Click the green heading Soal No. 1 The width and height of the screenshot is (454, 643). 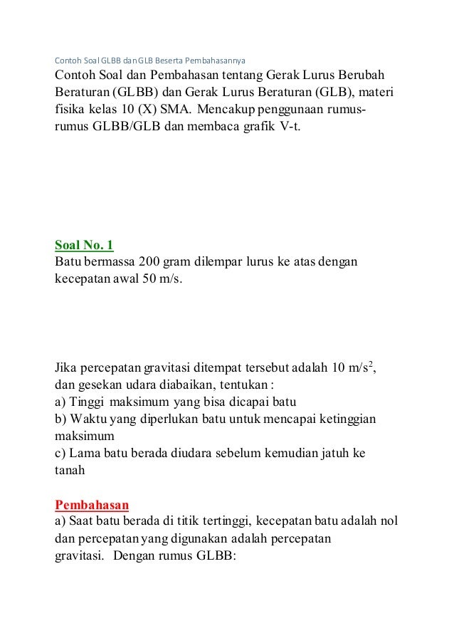[x=84, y=246]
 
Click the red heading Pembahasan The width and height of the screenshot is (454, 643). [x=92, y=506]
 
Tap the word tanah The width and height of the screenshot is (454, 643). [x=70, y=471]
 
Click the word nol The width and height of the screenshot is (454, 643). [x=389, y=523]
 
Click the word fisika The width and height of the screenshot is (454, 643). [x=70, y=112]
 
